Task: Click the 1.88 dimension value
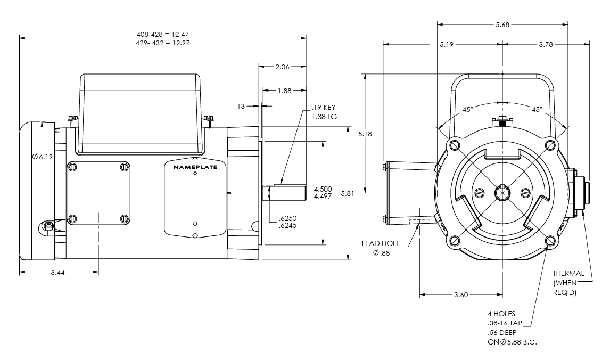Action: click(x=285, y=91)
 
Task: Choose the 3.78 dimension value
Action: click(x=545, y=45)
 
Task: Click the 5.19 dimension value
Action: click(x=447, y=45)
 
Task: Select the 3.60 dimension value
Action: click(x=460, y=294)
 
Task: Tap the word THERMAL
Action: click(x=568, y=273)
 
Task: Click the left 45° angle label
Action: click(x=467, y=109)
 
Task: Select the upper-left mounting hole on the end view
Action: click(x=454, y=145)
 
